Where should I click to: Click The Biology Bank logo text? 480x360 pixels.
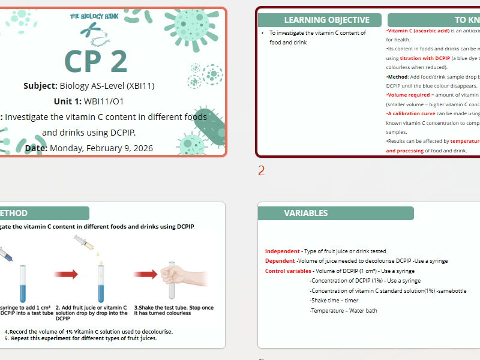(94, 17)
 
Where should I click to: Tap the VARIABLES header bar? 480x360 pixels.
(306, 213)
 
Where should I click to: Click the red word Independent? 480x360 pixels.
(283, 251)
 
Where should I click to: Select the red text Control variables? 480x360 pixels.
(288, 271)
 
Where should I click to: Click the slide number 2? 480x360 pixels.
(262, 171)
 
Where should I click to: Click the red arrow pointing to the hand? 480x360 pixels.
(146, 274)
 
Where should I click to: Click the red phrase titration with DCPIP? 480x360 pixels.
(425, 58)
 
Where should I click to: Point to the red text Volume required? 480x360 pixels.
(409, 95)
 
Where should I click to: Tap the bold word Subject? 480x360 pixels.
(41, 86)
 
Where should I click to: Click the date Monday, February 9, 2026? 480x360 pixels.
(101, 148)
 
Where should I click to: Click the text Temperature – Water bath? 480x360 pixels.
(343, 311)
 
